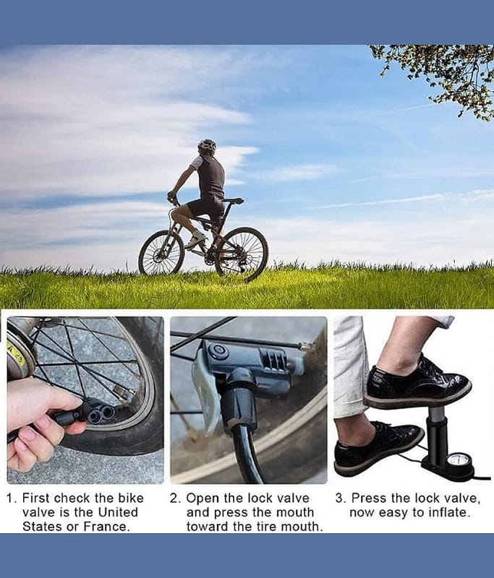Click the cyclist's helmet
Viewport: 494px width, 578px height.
pos(207,146)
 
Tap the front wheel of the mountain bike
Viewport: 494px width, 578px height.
pos(161,252)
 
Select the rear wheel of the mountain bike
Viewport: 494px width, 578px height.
pos(242,254)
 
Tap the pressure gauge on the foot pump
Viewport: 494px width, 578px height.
pos(457,462)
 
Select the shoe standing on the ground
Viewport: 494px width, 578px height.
pos(378,448)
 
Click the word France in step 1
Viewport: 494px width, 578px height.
pos(106,527)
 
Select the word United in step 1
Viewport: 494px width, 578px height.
pos(118,512)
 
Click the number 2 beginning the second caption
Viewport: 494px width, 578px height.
pos(174,499)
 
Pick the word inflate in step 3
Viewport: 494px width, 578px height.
pos(448,512)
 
